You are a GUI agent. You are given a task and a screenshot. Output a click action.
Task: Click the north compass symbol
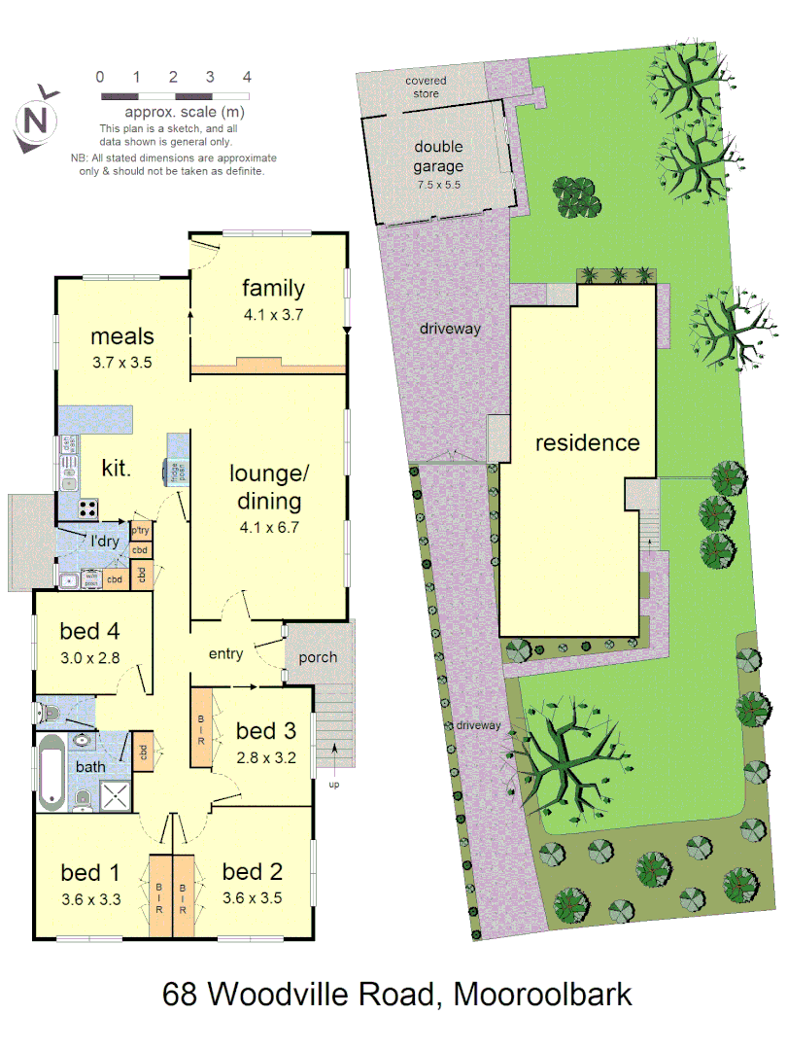click(x=35, y=121)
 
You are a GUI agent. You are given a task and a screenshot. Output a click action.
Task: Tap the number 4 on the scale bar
click(x=248, y=76)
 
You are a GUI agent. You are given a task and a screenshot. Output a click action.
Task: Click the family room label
click(x=273, y=288)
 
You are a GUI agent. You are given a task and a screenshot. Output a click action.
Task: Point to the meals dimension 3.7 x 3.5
click(x=122, y=362)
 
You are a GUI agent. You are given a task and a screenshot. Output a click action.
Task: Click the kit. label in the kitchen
click(x=116, y=469)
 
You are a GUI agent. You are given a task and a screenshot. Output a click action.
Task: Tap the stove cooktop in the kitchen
click(x=87, y=507)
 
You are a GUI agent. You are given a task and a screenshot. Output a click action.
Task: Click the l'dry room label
click(x=105, y=541)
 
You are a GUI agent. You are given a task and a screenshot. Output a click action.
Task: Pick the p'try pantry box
click(x=140, y=530)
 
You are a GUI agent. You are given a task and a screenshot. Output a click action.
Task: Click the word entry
click(x=225, y=654)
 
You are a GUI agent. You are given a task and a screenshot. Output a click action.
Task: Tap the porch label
click(x=318, y=657)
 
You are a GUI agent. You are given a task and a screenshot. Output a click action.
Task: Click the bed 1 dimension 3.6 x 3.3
click(x=90, y=899)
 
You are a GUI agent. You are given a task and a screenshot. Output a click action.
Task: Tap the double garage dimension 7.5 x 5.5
click(x=438, y=184)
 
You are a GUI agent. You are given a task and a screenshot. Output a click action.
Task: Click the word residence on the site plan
click(x=588, y=443)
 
